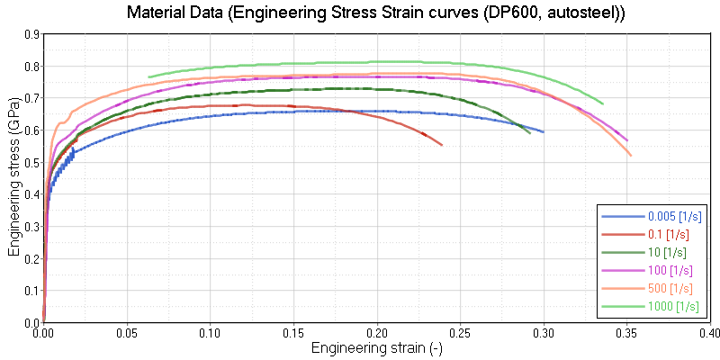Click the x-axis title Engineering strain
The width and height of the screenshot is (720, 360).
[x=377, y=347]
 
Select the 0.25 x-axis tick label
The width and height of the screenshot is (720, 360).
[x=460, y=333]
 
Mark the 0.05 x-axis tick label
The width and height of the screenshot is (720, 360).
[x=127, y=333]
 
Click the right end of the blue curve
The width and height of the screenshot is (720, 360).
[x=543, y=131]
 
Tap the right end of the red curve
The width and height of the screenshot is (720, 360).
[x=442, y=144]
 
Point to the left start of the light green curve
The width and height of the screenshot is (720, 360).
[x=148, y=77]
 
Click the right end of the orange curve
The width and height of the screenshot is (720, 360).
[x=631, y=156]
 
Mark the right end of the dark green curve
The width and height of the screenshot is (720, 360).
[x=530, y=133]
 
